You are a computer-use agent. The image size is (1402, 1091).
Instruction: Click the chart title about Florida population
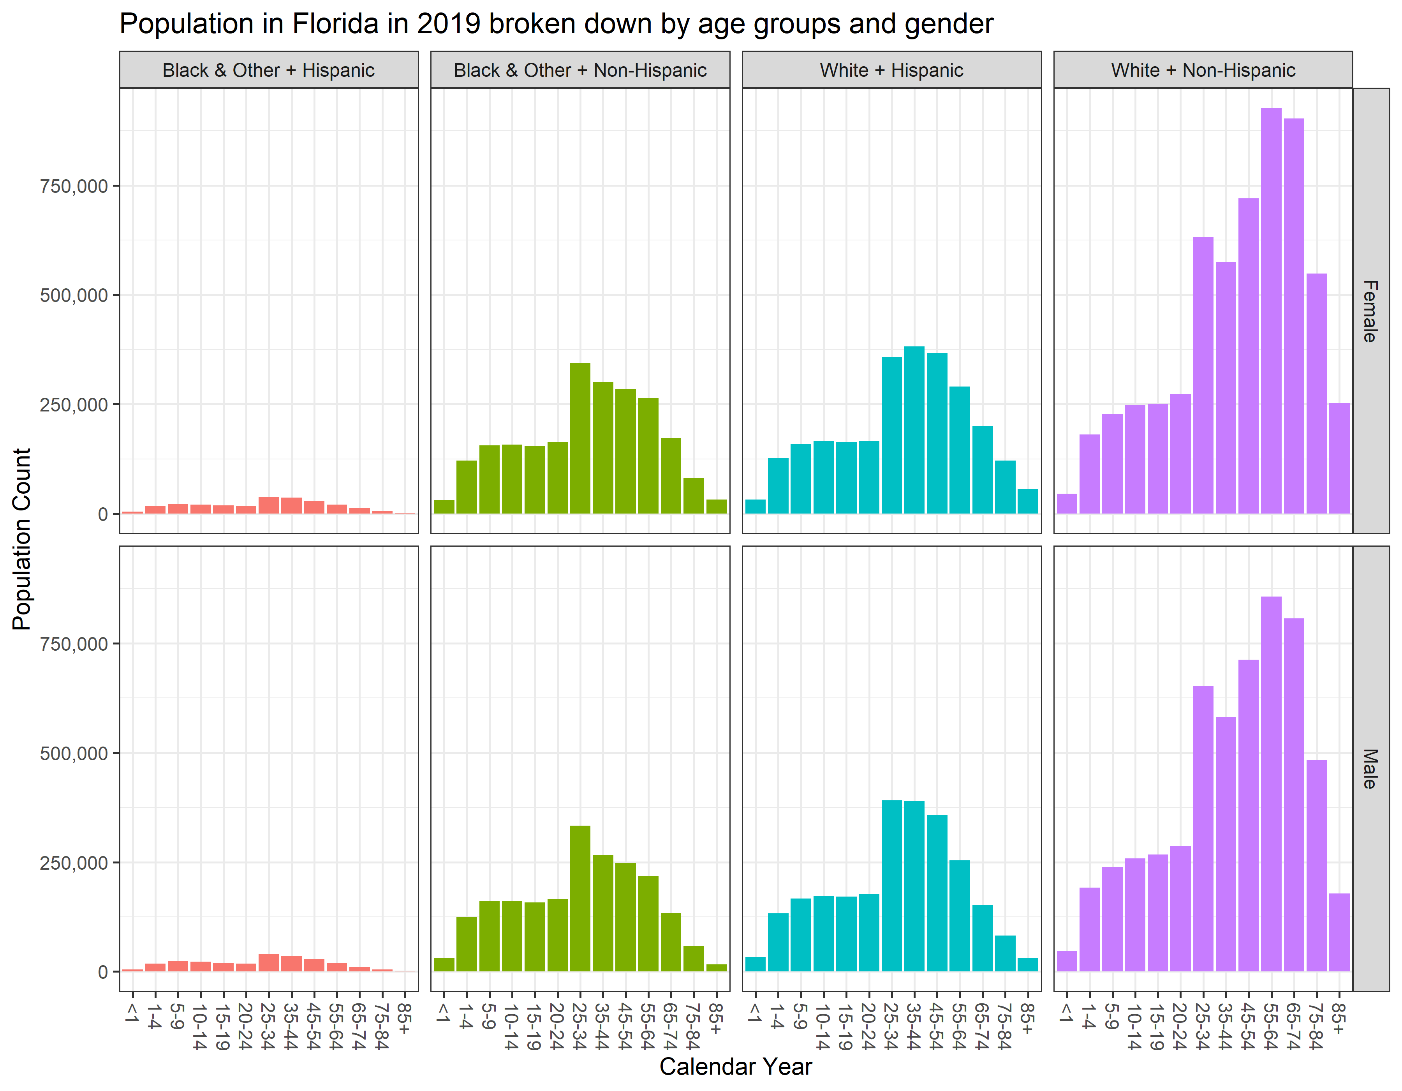click(x=556, y=25)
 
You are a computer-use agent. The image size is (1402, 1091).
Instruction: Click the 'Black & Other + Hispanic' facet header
click(x=268, y=70)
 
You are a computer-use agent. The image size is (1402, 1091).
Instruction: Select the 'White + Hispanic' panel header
click(x=891, y=70)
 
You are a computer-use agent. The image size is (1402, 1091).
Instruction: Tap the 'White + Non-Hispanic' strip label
click(x=1203, y=70)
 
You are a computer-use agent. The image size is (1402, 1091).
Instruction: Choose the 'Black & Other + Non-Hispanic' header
click(x=579, y=70)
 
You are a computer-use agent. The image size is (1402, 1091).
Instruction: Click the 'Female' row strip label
click(x=1370, y=311)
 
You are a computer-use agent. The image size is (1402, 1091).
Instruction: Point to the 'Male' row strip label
click(x=1370, y=769)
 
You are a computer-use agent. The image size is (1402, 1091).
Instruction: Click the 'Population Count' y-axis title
click(x=22, y=539)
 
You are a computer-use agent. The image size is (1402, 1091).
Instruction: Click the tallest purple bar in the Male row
click(x=1271, y=784)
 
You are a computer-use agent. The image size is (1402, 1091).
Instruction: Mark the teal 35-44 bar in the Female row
click(x=914, y=430)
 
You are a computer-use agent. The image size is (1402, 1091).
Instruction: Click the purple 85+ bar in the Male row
click(x=1339, y=932)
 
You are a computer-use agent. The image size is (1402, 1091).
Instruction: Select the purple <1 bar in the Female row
click(x=1066, y=503)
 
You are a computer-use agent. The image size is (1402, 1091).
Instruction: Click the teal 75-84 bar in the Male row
click(x=1005, y=953)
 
